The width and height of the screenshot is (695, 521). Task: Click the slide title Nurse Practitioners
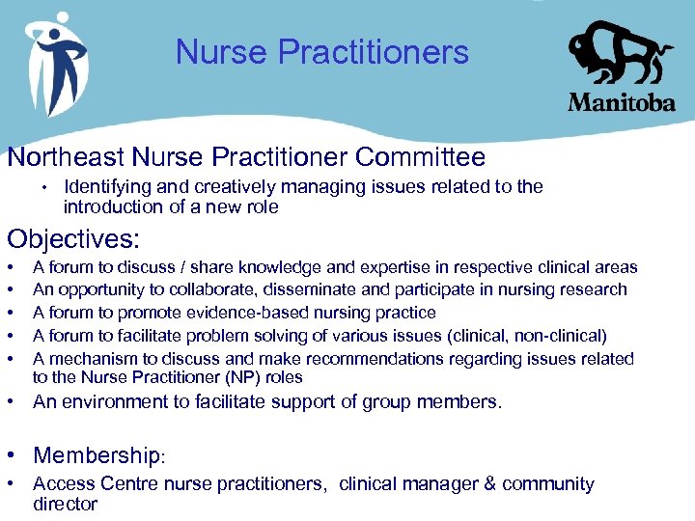pyautogui.click(x=321, y=52)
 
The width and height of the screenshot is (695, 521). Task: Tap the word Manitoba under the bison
pyautogui.click(x=621, y=101)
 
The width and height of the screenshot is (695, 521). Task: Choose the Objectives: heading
pyautogui.click(x=73, y=238)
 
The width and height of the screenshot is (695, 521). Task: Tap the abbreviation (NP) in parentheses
pyautogui.click(x=221, y=377)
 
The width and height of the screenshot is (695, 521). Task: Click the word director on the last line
pyautogui.click(x=65, y=504)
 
